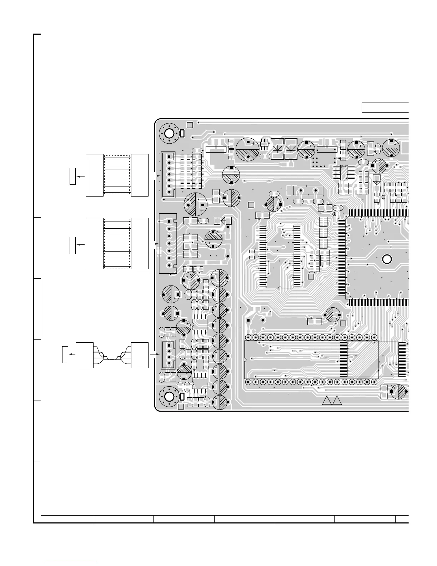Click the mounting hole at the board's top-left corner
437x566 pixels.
169,134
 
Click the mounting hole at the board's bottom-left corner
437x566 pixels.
169,397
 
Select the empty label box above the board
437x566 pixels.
385,107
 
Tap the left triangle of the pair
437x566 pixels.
327,401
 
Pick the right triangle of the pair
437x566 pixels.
337,401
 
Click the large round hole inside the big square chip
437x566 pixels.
387,259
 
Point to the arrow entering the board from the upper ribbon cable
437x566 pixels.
154,176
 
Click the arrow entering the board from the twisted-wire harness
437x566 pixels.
154,354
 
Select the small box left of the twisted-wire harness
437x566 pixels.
65,354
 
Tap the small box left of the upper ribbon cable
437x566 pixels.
72,176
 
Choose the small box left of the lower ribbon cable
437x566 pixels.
72,245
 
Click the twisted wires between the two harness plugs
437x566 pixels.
112,356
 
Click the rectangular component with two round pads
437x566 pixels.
308,191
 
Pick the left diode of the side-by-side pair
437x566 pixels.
277,148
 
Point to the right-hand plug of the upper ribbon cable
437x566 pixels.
140,175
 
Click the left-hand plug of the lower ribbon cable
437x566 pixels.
95,243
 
